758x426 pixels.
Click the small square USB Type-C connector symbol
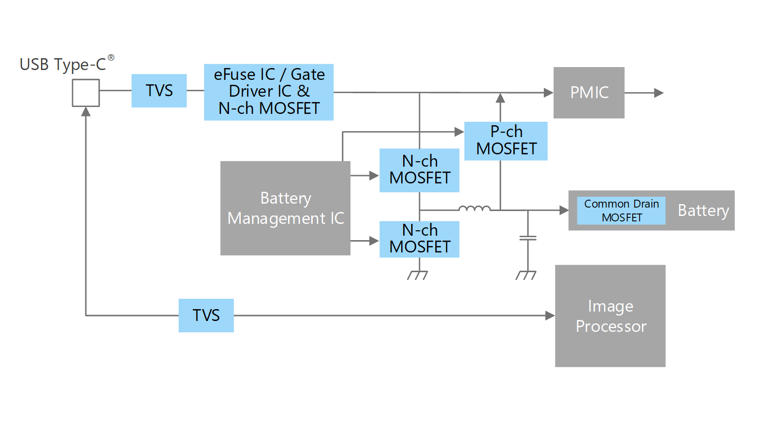tap(86, 93)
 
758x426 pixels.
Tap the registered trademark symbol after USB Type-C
tap(111, 58)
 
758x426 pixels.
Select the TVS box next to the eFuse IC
tap(159, 91)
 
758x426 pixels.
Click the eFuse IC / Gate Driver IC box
tap(268, 92)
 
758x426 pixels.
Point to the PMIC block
tap(589, 93)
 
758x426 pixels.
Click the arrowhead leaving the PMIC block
tap(658, 93)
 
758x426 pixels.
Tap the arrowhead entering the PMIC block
tap(548, 93)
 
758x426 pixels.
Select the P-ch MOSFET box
tap(506, 141)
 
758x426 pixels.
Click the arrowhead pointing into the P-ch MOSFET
tap(459, 132)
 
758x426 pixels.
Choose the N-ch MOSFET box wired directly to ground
tap(419, 239)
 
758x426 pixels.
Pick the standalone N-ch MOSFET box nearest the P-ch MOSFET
tap(419, 170)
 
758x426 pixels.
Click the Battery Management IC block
tap(285, 208)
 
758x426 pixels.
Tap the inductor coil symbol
tap(474, 209)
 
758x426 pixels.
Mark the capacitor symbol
tap(528, 238)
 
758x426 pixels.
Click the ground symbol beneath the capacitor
tap(526, 275)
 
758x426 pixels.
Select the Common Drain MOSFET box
tap(621, 211)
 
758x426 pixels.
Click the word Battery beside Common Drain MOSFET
tap(703, 211)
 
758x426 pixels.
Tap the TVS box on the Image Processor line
tap(206, 316)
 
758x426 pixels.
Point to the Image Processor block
tap(610, 316)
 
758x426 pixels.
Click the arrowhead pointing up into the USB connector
tap(86, 112)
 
